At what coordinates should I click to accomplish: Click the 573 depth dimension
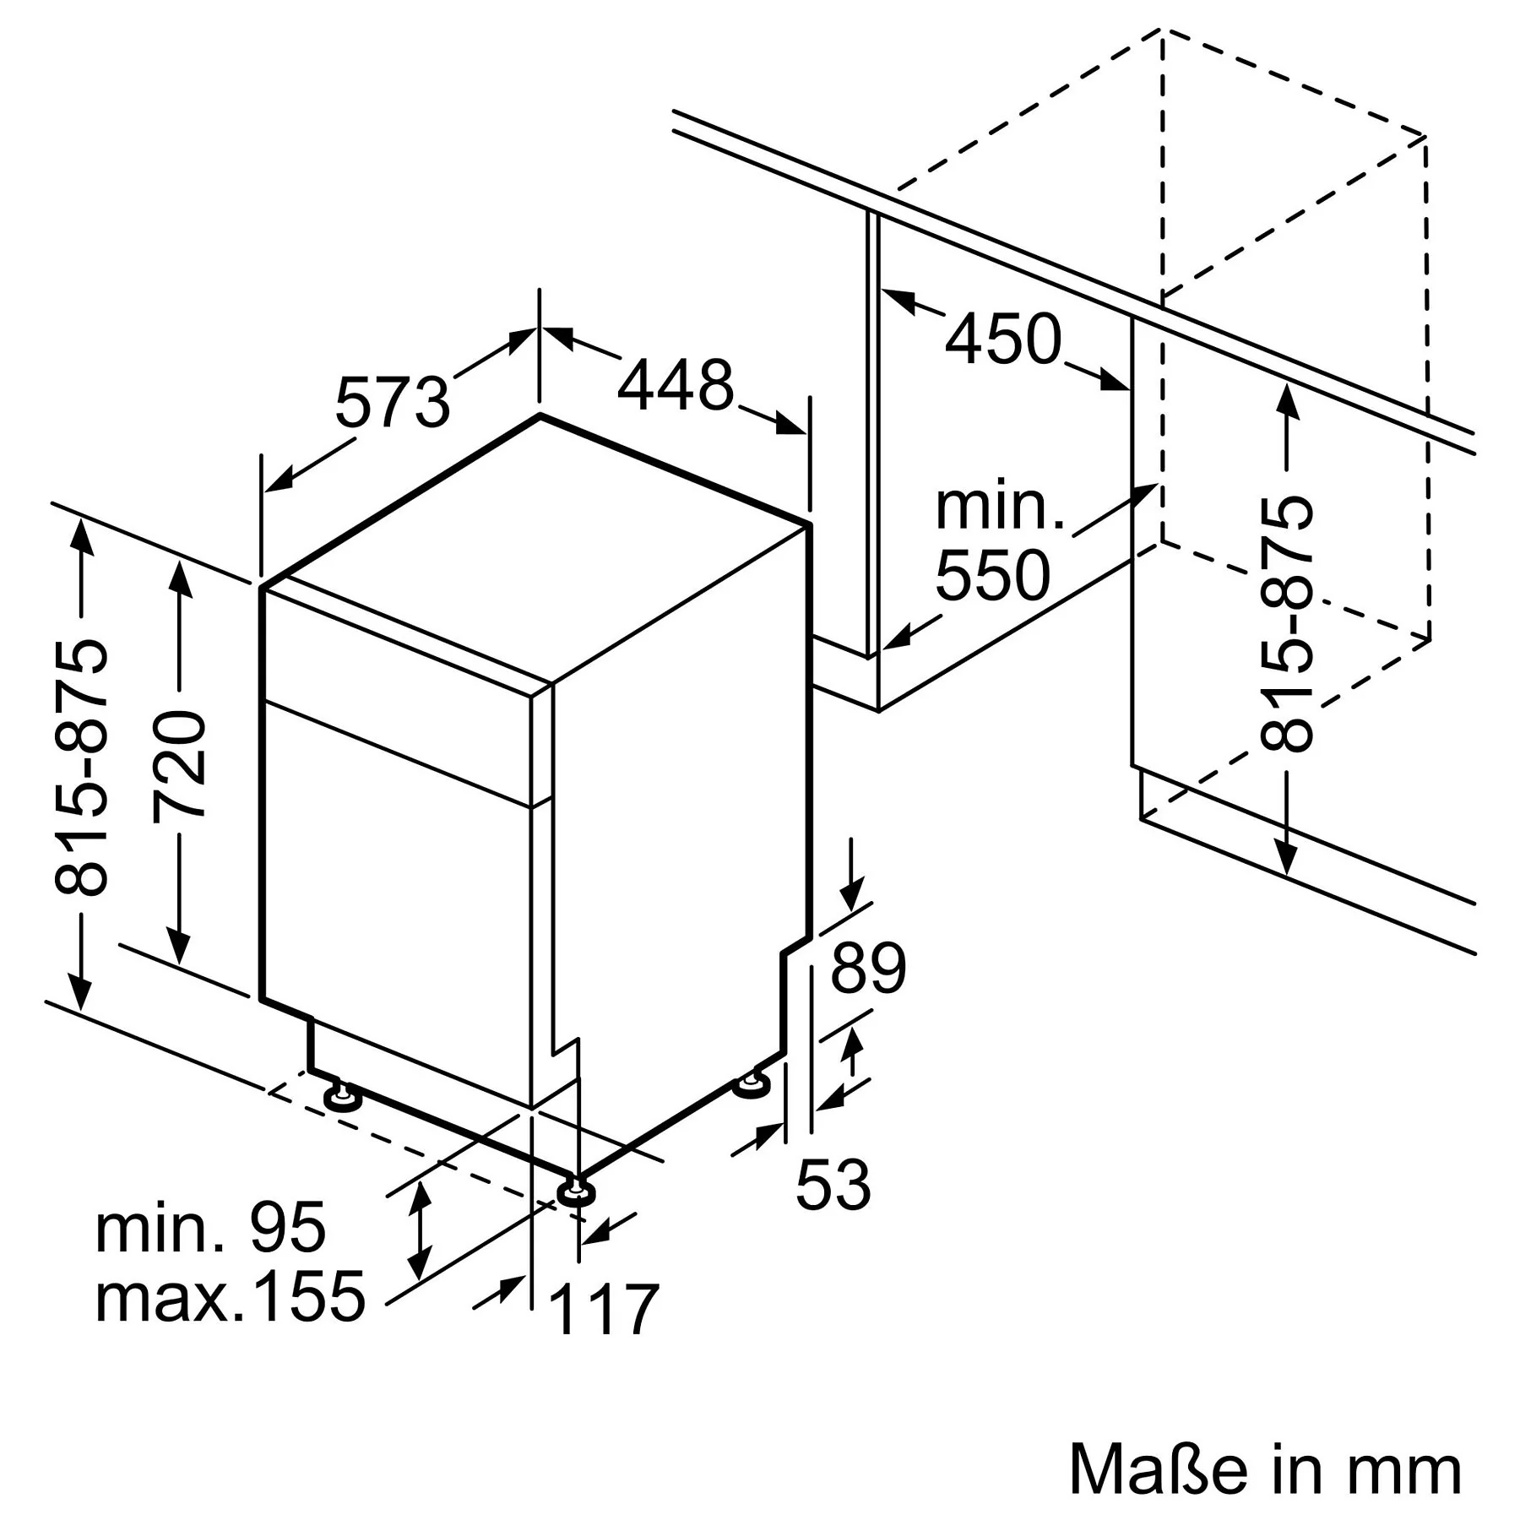click(x=393, y=403)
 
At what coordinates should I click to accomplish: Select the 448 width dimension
click(x=676, y=386)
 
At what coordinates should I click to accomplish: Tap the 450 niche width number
click(x=1002, y=339)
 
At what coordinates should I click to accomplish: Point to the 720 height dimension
click(x=180, y=765)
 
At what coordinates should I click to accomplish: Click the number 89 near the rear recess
click(x=868, y=969)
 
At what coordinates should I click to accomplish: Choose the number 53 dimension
click(x=833, y=1186)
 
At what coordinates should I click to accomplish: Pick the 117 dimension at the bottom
click(x=604, y=1310)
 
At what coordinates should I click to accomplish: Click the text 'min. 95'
click(x=210, y=1228)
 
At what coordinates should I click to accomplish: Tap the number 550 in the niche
click(x=993, y=576)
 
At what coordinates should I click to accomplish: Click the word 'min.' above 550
click(x=1000, y=507)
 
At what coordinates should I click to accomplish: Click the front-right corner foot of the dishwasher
click(x=576, y=1191)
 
